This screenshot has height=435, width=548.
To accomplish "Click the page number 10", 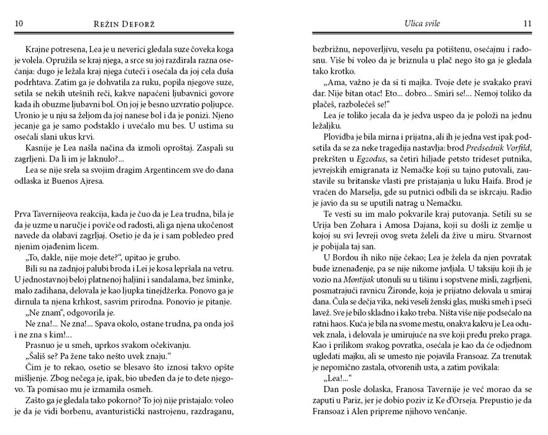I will coord(18,24).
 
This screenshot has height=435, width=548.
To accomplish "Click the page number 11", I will coord(527,24).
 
